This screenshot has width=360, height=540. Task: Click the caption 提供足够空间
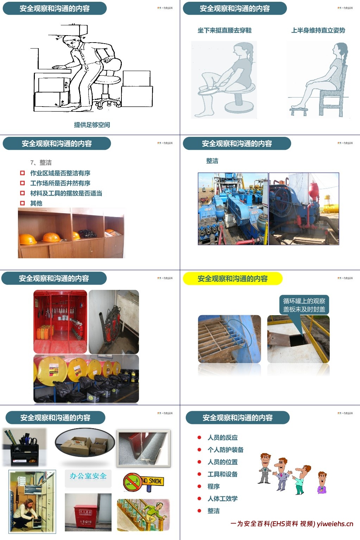coord(92,125)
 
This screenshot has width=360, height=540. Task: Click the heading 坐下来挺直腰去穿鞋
coord(225,31)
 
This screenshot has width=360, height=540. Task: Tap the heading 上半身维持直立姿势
coord(318,31)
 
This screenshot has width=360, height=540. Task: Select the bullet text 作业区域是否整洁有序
coord(60,173)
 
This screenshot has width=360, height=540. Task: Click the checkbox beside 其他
coord(23,203)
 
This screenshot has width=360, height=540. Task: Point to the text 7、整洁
coord(41,163)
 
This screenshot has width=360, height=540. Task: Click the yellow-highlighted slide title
coord(233,279)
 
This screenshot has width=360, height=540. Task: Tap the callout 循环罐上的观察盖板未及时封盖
coord(304,305)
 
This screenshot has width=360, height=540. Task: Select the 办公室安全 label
coord(88,476)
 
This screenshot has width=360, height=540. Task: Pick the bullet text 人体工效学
coord(222,498)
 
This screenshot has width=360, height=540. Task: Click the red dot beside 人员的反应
coord(200,438)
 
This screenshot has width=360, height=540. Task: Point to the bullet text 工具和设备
coord(222,474)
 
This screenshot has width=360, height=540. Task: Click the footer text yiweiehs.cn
coord(335,524)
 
